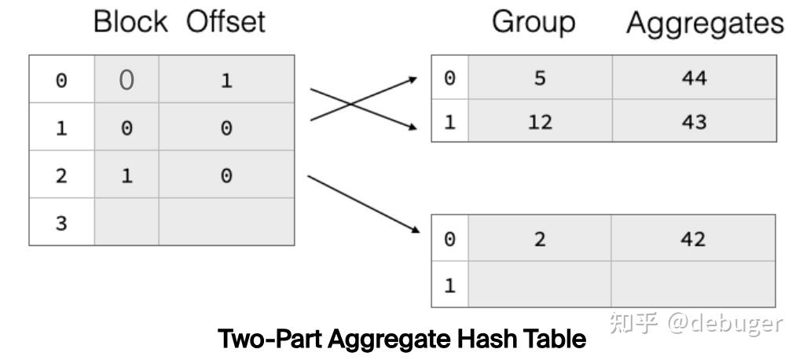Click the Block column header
130,22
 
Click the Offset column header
225,22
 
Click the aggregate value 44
694,79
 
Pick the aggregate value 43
694,123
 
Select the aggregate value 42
694,239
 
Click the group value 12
540,123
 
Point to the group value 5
540,79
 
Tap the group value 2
540,239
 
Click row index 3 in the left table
61,223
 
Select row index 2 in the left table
61,176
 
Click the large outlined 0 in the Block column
126,80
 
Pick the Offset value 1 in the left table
226,81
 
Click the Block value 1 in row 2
126,176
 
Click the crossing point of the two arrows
350,105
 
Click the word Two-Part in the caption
269,340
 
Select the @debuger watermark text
724,323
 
